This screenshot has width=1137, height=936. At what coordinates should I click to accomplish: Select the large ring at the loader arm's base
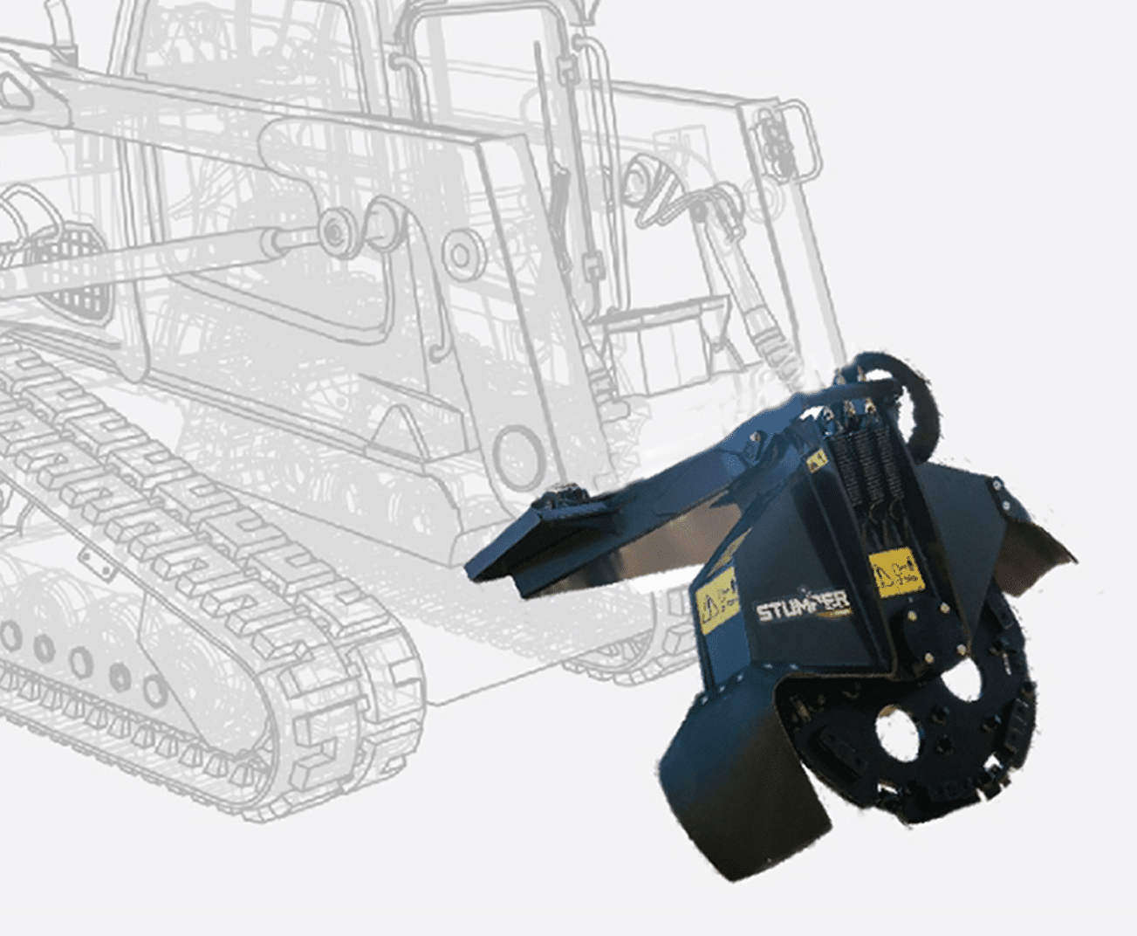[x=514, y=453]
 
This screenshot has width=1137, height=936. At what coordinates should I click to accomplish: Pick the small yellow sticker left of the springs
[x=815, y=460]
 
